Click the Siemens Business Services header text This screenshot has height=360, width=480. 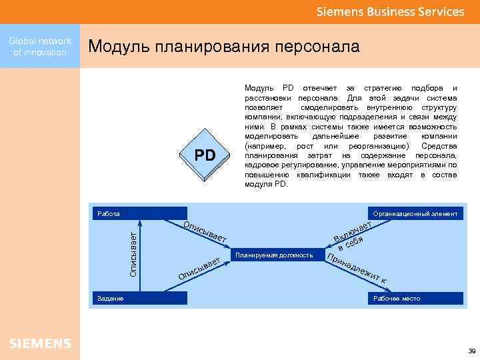390,11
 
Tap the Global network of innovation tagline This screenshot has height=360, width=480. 39,47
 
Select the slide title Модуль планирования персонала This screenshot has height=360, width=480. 223,47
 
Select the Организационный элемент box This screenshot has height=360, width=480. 415,214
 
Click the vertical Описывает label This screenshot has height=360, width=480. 133,254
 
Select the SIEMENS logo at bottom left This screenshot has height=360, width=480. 40,343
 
